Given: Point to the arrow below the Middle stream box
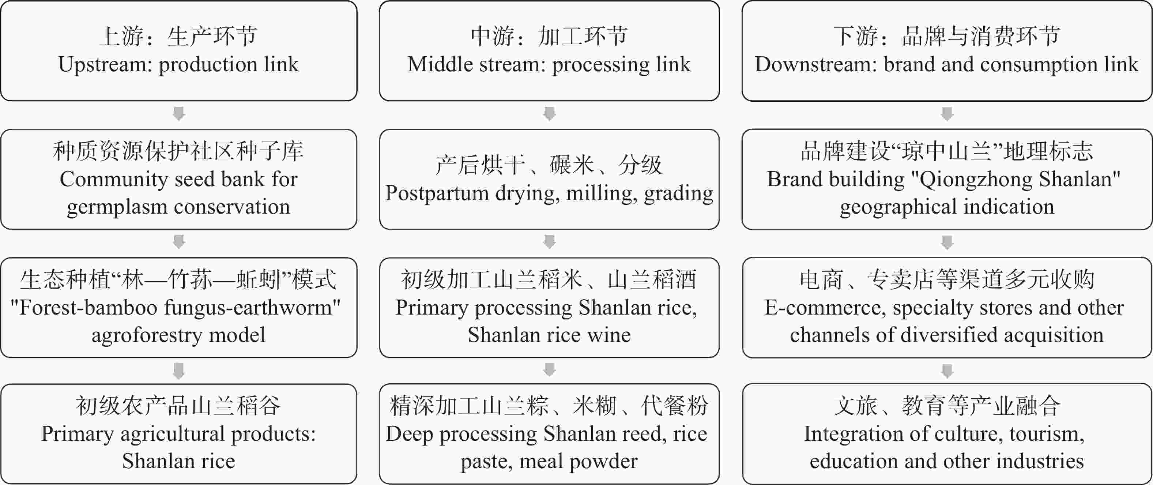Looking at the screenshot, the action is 549,114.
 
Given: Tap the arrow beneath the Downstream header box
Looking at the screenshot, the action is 947,114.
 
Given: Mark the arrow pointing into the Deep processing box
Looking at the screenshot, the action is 549,370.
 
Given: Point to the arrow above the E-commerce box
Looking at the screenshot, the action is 947,242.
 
